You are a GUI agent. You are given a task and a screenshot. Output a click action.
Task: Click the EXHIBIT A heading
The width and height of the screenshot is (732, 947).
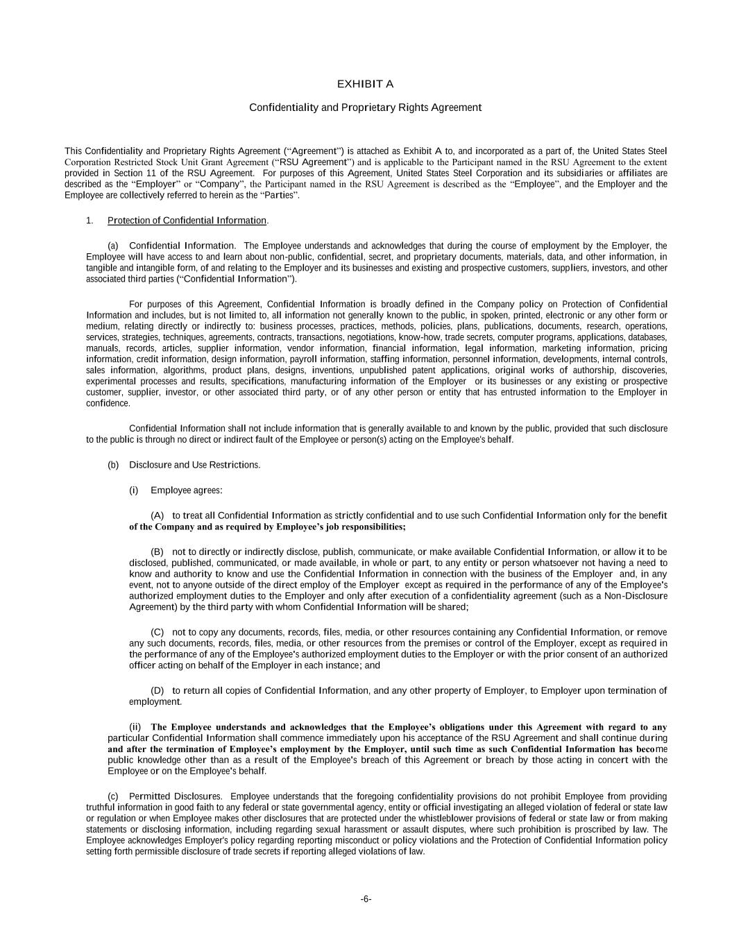tap(365, 84)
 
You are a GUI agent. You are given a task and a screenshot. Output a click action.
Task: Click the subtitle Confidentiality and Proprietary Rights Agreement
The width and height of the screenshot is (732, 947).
tap(365, 108)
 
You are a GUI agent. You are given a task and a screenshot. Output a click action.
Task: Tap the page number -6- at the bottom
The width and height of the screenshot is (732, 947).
tap(366, 899)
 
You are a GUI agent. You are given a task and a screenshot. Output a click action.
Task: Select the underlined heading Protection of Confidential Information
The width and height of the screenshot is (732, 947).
tap(187, 221)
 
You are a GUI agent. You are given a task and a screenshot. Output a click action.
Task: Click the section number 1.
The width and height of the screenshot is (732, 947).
tap(90, 221)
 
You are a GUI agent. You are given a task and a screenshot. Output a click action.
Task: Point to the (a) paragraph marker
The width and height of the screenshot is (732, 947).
tap(113, 246)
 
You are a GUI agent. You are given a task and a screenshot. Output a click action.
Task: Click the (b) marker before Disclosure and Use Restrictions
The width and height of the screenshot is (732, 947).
tap(113, 465)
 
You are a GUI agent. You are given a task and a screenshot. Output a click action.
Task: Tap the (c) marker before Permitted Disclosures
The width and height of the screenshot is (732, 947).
tap(113, 796)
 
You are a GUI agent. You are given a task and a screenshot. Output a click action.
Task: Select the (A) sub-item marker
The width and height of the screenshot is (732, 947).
tap(158, 515)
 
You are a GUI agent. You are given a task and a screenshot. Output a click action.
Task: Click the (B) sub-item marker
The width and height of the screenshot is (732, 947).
tap(158, 552)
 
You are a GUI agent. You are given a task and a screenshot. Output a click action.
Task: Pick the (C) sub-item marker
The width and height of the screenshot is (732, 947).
tap(158, 632)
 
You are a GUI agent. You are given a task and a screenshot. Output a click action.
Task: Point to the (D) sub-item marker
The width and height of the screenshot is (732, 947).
tap(158, 690)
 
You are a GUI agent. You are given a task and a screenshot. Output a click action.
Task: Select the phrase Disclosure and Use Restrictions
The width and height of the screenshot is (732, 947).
tap(194, 465)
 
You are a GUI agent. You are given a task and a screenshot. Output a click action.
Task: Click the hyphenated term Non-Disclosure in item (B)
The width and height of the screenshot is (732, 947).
tap(636, 596)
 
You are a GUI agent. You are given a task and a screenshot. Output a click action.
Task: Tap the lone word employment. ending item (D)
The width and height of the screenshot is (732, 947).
tap(155, 701)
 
